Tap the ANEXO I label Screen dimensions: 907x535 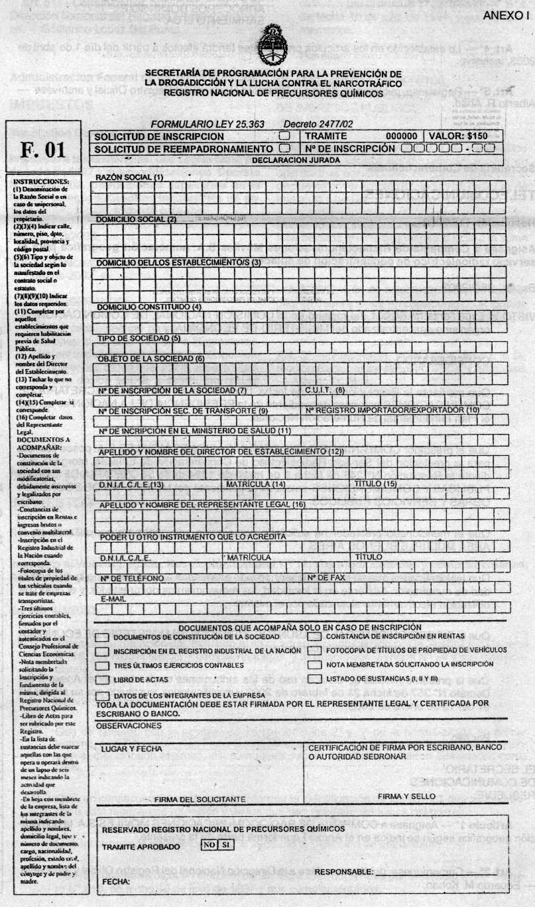point(506,15)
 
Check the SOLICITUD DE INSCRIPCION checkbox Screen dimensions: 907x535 point(284,136)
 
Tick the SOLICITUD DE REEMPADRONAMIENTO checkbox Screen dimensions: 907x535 point(286,148)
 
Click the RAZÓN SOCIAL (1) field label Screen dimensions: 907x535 point(130,178)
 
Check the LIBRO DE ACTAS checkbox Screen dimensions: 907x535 point(102,679)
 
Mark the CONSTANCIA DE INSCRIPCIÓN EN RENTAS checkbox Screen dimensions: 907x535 point(315,637)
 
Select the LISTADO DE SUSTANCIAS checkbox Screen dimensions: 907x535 point(315,679)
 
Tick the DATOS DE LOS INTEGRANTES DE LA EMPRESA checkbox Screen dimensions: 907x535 point(102,696)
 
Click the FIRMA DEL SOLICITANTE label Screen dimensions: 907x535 point(200,799)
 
